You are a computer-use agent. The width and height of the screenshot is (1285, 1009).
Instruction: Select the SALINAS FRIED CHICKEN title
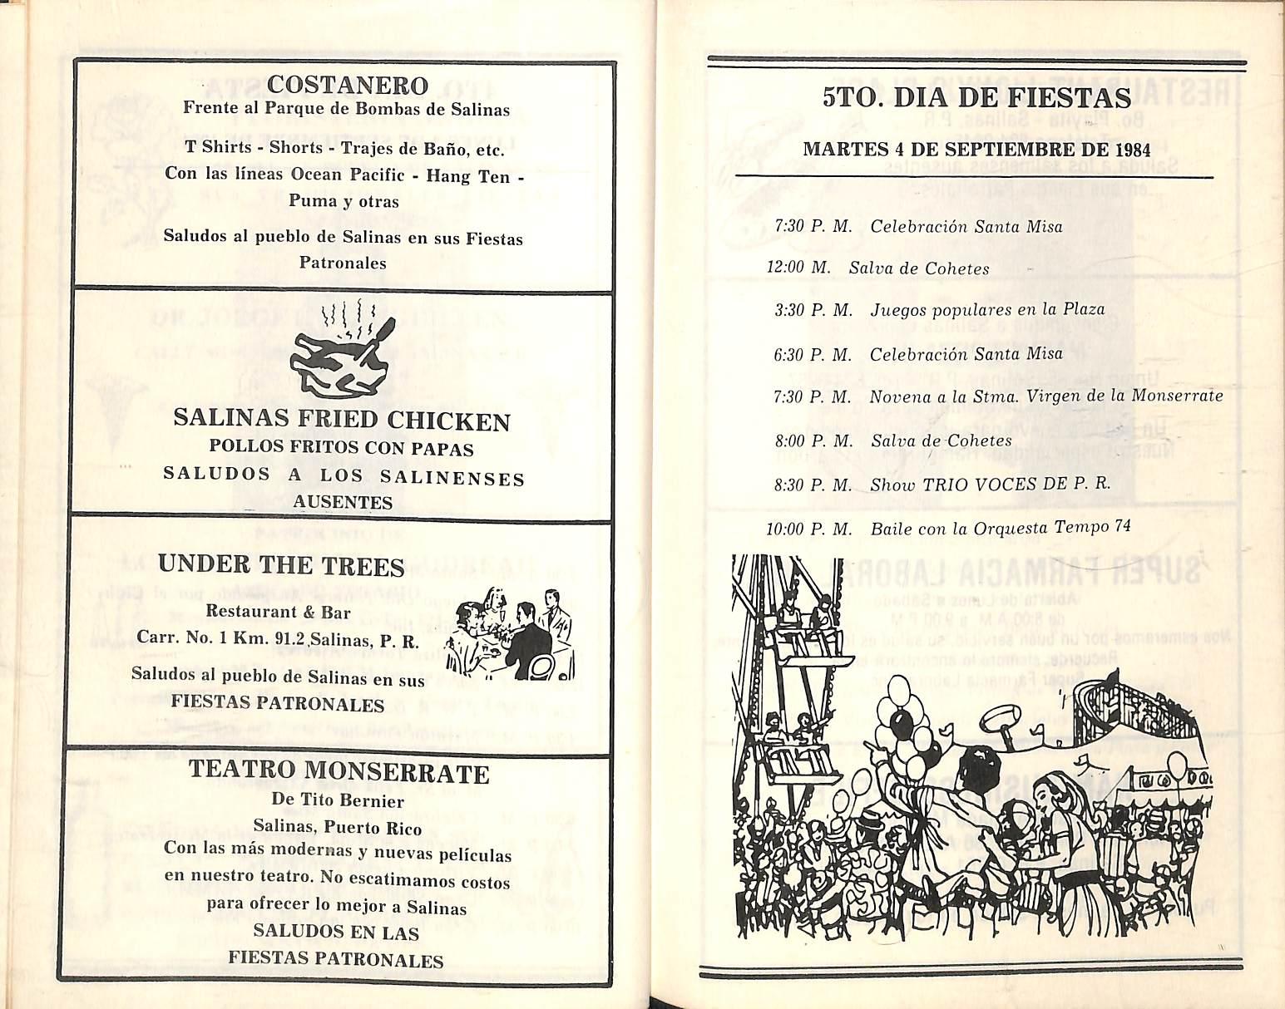point(342,421)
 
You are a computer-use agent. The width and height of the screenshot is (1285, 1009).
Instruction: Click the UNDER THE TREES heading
point(281,566)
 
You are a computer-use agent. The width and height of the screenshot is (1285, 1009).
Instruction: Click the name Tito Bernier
point(359,801)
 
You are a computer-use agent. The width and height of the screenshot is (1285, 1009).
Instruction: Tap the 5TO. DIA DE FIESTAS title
point(976,97)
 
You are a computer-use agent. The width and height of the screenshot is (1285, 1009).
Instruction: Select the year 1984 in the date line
point(1132,150)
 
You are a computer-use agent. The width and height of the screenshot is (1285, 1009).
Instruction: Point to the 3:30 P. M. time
point(813,311)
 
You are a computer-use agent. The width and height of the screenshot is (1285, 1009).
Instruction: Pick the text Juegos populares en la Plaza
point(987,310)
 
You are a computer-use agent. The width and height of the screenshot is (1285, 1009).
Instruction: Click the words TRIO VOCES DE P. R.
point(1017,485)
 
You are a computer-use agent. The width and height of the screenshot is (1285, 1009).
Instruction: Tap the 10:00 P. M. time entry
point(808,529)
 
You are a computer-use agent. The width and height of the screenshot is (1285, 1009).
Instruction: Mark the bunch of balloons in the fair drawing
point(911,723)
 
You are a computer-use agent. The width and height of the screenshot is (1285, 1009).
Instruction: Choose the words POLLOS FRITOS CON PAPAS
point(341,449)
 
